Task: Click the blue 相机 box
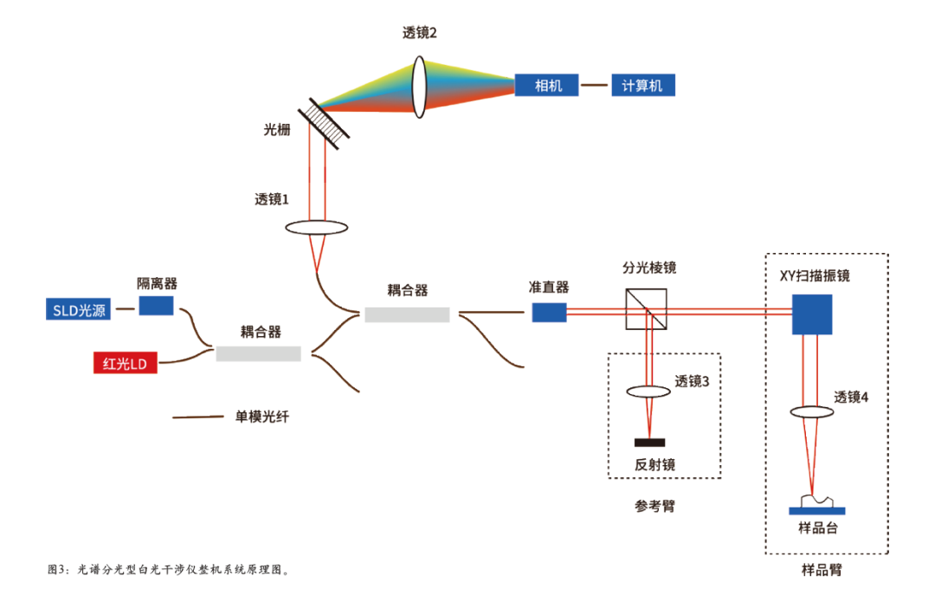point(547,85)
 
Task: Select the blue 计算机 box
point(642,85)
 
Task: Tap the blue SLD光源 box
point(78,310)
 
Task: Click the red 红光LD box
point(126,364)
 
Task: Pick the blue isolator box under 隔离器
point(156,306)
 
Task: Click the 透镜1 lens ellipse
point(316,228)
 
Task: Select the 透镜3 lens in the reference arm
point(649,391)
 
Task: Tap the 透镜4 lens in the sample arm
point(812,413)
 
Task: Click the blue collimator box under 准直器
point(549,312)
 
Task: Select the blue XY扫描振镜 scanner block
point(812,314)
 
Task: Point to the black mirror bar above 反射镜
point(649,443)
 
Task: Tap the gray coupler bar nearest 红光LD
point(259,353)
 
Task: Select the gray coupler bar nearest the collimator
point(407,314)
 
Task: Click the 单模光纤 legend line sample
point(198,417)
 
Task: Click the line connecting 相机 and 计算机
point(594,85)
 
